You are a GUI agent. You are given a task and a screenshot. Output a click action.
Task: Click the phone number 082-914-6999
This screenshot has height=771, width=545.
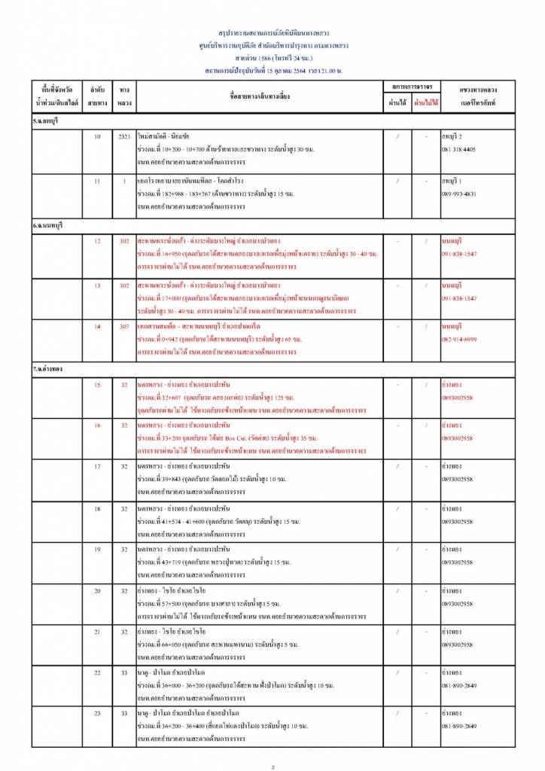(x=458, y=340)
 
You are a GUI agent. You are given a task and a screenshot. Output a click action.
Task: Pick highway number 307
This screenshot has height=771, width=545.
(x=124, y=327)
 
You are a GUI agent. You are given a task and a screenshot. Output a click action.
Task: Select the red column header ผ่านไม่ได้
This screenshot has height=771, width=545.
(x=426, y=102)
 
